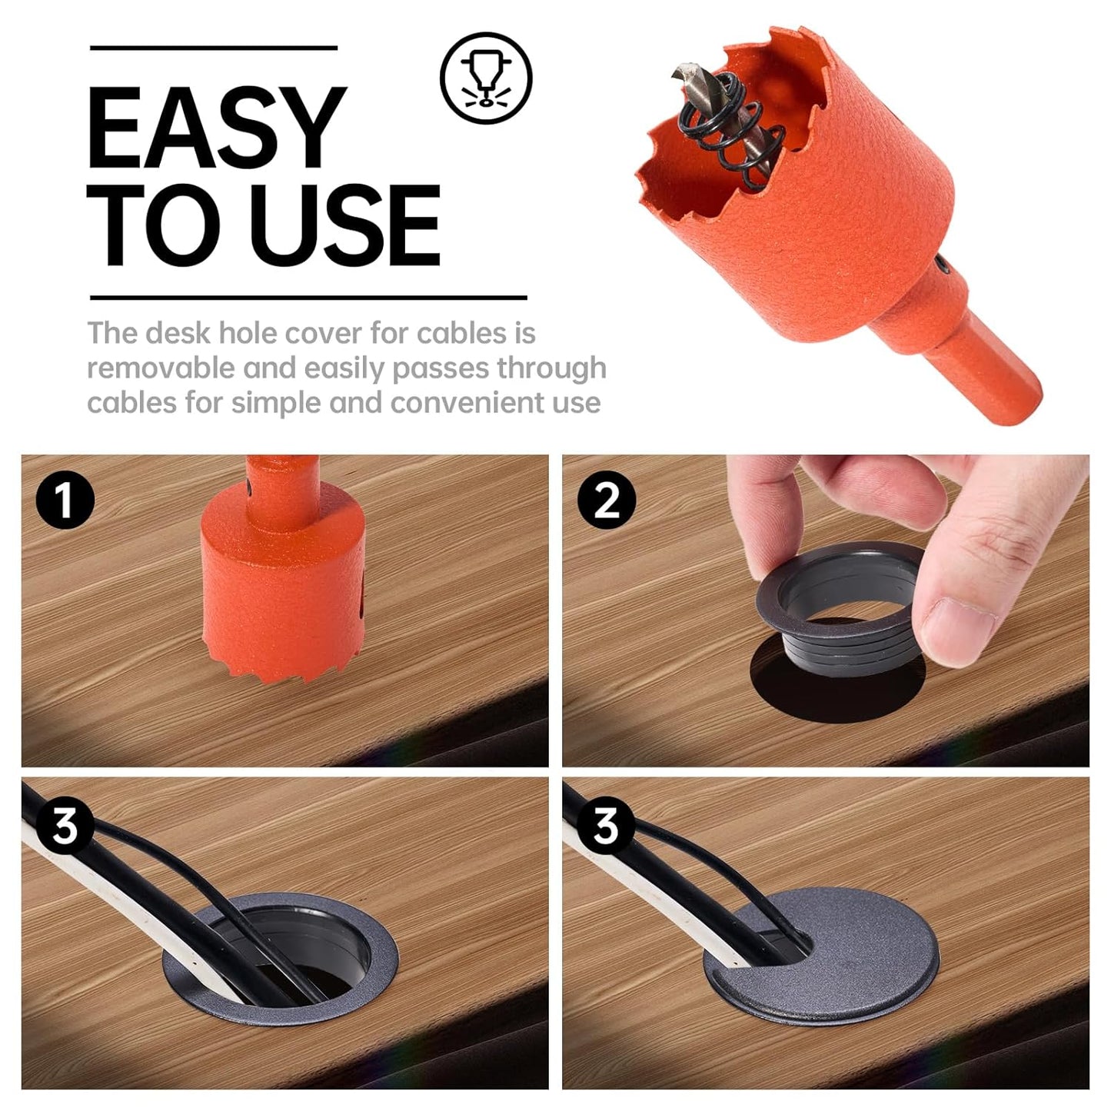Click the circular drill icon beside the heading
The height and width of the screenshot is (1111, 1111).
[x=485, y=77]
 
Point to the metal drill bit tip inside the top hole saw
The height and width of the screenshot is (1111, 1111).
[x=682, y=74]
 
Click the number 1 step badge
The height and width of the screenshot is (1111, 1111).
[x=65, y=499]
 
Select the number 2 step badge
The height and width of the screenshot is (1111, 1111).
[x=606, y=499]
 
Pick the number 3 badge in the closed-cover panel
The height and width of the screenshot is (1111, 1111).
[x=606, y=827]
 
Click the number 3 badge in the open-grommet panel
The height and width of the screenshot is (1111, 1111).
[x=65, y=827]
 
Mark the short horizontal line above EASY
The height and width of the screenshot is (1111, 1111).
[x=213, y=48]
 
